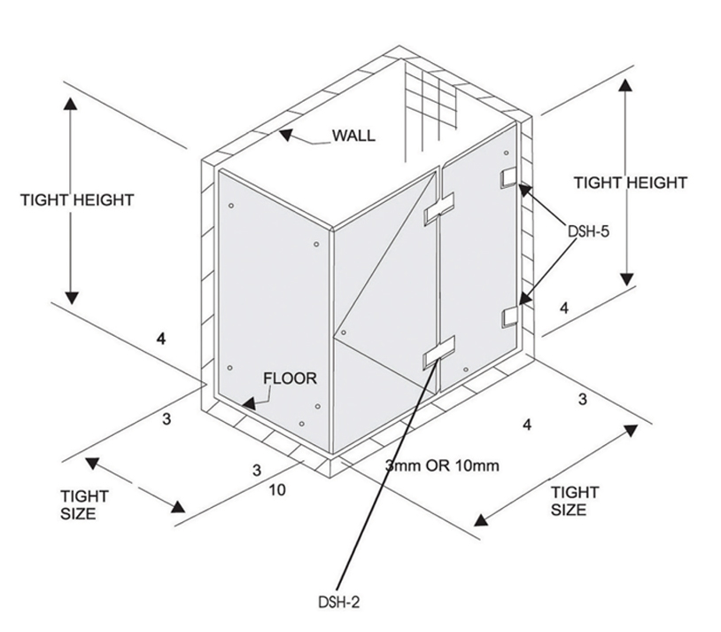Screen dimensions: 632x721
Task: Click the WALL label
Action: [353, 136]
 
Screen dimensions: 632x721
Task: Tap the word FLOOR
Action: [290, 378]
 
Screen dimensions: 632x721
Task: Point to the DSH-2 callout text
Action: [338, 603]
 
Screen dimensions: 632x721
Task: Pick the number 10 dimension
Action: [277, 489]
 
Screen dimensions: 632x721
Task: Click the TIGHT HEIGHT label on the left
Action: [77, 199]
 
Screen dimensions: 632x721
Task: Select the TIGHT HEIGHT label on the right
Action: [630, 183]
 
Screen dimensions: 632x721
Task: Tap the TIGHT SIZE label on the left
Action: [84, 504]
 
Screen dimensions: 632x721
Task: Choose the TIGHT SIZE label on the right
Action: [575, 501]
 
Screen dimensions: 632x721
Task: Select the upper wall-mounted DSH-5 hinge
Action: [509, 177]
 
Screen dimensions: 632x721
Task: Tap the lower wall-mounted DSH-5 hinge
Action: [509, 316]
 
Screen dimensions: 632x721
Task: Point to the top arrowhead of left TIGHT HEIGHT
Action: [71, 102]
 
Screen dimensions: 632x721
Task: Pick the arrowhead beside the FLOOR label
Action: [251, 402]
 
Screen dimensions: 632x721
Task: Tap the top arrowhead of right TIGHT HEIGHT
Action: [627, 86]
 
